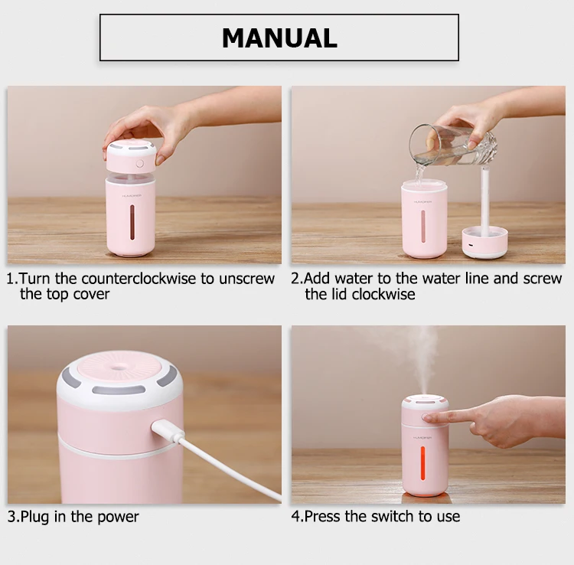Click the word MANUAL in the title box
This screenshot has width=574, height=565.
click(x=279, y=38)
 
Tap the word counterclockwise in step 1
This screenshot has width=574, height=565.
click(x=139, y=279)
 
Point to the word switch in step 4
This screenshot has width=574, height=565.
click(x=393, y=516)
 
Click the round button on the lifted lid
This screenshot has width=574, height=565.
click(x=140, y=163)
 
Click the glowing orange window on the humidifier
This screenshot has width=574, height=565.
click(x=422, y=463)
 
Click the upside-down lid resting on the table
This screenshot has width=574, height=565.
click(x=484, y=242)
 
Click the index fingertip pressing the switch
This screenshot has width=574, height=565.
click(x=429, y=417)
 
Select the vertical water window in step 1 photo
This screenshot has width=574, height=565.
click(x=132, y=222)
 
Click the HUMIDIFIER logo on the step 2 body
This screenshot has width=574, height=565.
click(x=422, y=202)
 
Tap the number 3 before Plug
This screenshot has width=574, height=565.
click(x=11, y=517)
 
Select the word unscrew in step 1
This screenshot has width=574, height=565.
click(x=246, y=279)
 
